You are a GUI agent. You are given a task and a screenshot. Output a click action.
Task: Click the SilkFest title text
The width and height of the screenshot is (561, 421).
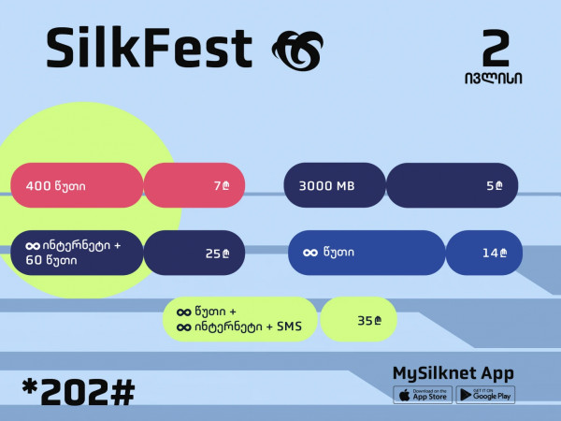pos(150,48)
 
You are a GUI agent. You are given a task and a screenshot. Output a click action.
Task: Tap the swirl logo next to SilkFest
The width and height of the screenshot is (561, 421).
pos(297,51)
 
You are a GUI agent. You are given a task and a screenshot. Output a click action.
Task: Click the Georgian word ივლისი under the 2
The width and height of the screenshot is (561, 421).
pos(494,78)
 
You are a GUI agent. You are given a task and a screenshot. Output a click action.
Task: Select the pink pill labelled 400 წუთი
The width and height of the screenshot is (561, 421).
pos(77,185)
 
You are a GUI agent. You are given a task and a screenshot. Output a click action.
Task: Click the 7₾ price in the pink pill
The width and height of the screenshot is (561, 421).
pos(222,185)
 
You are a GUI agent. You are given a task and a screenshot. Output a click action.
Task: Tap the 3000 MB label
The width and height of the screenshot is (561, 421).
pos(326,186)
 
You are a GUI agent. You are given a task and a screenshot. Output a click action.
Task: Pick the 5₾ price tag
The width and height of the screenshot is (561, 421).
pos(495,185)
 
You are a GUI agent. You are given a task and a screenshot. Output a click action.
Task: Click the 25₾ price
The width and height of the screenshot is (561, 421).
pos(218,254)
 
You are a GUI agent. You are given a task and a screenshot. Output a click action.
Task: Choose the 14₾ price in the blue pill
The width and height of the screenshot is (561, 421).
pos(495,254)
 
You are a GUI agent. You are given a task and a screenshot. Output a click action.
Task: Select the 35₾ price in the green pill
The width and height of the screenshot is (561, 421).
pos(369,320)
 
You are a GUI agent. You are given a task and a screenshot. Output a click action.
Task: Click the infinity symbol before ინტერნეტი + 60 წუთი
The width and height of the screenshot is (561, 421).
pos(33,246)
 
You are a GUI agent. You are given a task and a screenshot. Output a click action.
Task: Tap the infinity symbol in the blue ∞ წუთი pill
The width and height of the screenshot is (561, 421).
pos(310,253)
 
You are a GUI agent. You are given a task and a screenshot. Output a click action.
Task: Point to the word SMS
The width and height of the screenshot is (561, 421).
pos(290,327)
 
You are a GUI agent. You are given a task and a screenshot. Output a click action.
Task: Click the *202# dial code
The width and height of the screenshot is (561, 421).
pos(78,392)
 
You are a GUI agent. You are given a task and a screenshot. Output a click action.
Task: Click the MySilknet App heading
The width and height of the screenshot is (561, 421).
pos(453,373)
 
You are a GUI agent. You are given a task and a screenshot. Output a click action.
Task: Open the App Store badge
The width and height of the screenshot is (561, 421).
pos(423,395)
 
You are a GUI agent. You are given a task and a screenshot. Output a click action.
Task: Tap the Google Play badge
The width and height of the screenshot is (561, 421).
pos(485,395)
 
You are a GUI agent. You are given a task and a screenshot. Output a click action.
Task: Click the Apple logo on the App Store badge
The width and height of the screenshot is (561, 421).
pos(404,395)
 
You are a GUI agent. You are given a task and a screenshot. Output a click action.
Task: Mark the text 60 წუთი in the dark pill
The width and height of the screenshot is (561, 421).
pos(51,260)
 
